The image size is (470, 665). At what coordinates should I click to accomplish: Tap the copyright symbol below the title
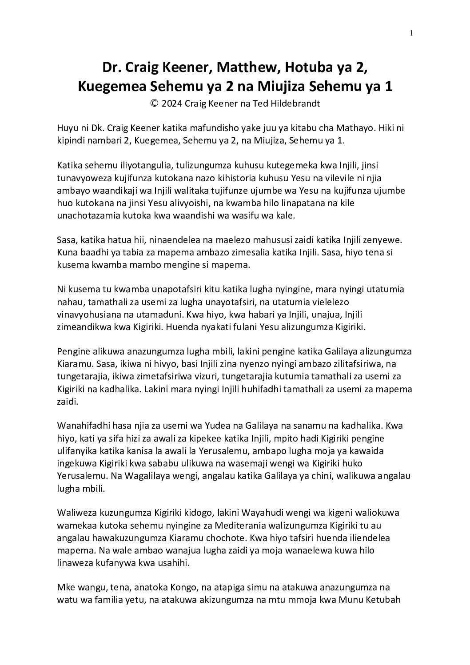click(154, 104)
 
